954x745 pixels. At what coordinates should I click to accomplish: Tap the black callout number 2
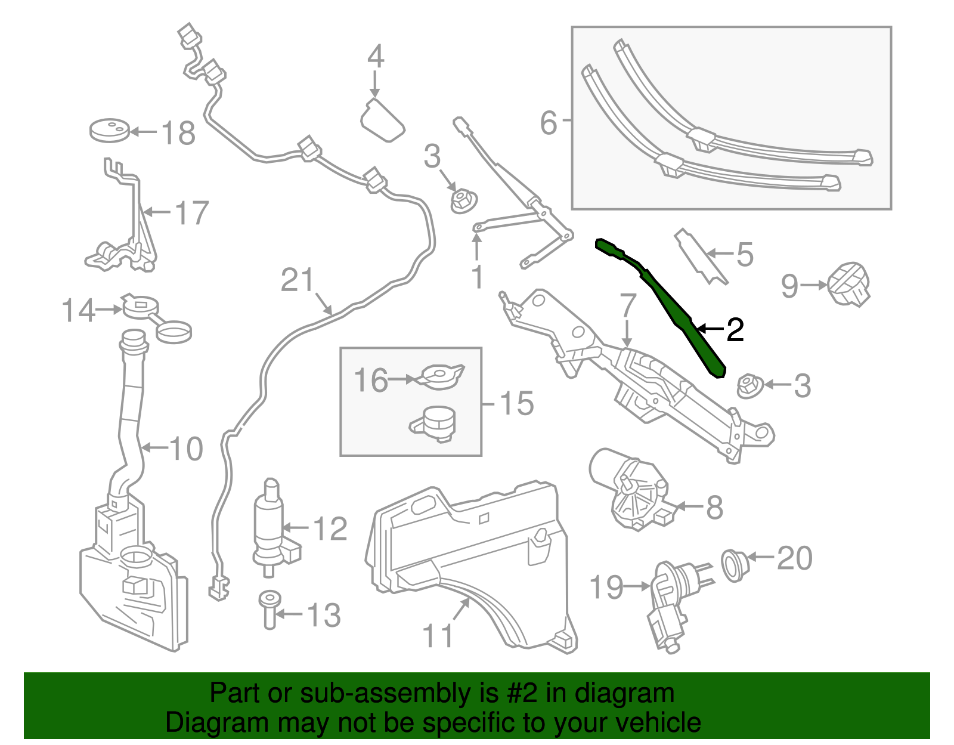pos(735,330)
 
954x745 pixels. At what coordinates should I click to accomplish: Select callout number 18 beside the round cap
pos(178,133)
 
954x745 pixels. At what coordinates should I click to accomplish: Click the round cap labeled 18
pos(109,131)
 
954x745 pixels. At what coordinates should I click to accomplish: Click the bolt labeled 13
pos(270,608)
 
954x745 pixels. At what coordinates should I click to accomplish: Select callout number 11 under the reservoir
pos(438,636)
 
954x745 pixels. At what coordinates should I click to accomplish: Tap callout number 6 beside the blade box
pos(548,123)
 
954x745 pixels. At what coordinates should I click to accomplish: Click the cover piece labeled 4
pos(382,121)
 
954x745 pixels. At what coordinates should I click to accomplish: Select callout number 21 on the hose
pos(297,280)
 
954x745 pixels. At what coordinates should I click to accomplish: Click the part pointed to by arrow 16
pos(442,376)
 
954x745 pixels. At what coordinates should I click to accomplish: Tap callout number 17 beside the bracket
pos(191,213)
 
